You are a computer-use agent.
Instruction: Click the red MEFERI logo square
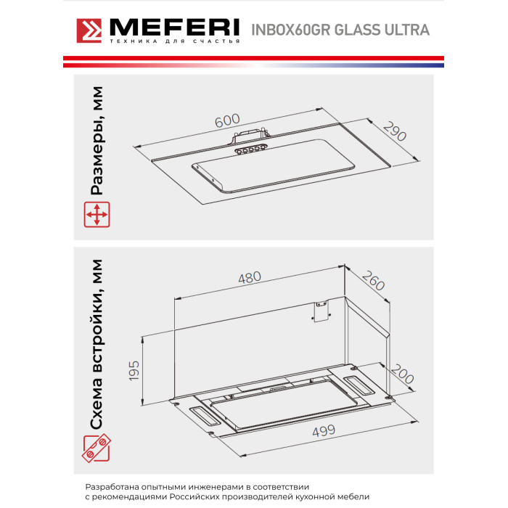[89, 30]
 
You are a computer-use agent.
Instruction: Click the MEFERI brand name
[175, 28]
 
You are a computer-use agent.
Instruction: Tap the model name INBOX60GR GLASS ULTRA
[340, 30]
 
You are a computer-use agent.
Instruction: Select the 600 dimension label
[227, 120]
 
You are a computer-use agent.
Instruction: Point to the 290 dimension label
[394, 131]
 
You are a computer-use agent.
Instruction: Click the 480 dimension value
[250, 278]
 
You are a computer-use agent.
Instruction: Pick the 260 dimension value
[373, 281]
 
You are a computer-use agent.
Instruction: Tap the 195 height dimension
[134, 370]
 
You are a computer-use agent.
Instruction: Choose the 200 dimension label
[402, 374]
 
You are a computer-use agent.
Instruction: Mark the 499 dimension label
[324, 431]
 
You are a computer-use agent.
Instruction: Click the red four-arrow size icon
[97, 215]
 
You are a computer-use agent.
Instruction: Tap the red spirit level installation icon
[97, 448]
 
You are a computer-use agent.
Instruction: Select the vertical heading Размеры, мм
[97, 141]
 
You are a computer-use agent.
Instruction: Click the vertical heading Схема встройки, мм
[97, 345]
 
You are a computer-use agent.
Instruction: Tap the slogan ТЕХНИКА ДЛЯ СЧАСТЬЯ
[175, 41]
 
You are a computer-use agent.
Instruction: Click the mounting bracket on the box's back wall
[321, 311]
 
